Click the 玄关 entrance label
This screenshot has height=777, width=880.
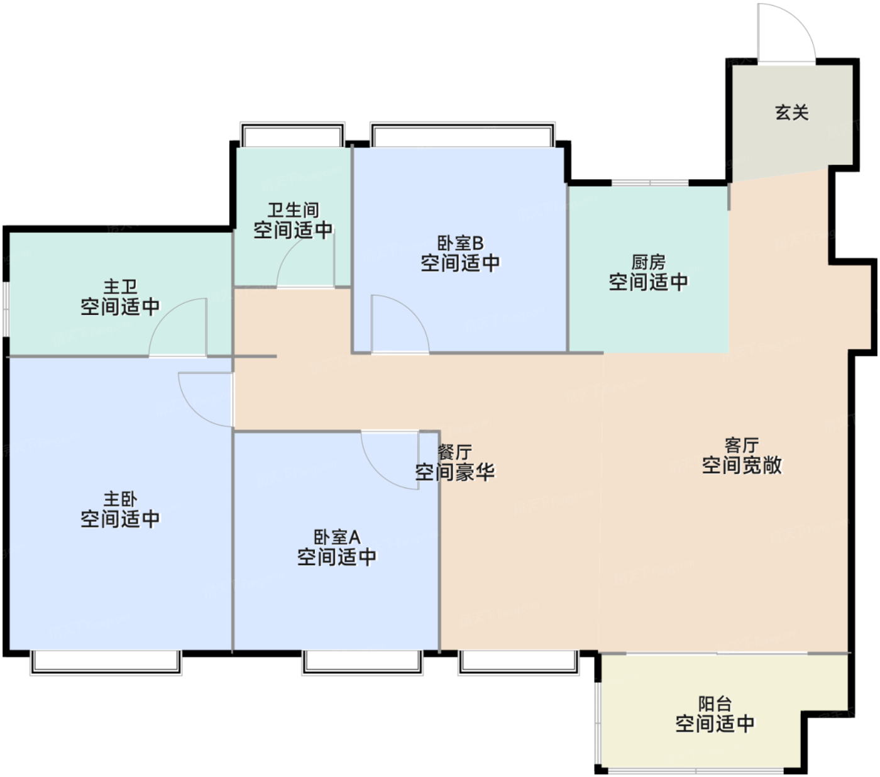point(791,113)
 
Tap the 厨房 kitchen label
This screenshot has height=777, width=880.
point(648,262)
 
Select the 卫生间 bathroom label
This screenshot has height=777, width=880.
point(293,210)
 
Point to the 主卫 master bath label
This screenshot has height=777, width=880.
point(120,287)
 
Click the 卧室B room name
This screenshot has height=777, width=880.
point(460,243)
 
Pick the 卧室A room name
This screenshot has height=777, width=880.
point(337,537)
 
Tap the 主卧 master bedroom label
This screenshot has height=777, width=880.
point(120,499)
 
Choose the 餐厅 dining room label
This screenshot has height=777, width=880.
point(454,452)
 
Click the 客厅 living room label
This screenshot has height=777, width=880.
point(742,445)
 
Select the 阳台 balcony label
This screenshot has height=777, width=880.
point(715,704)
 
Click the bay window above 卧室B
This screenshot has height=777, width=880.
point(462,134)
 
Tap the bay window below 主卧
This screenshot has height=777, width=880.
point(106,662)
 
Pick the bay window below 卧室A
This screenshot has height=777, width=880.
point(362,662)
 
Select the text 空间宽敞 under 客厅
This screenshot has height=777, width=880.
point(742,465)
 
